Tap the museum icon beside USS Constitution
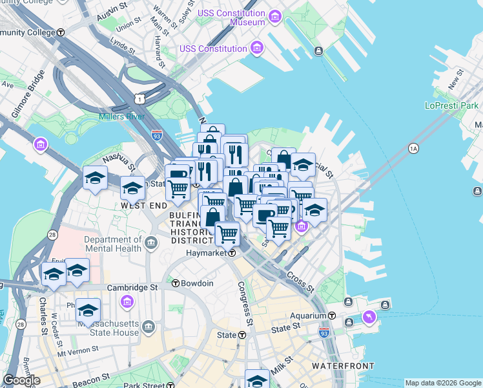click(257, 48)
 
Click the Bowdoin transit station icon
click(175, 283)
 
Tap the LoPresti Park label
click(451, 105)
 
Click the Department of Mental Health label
click(112, 244)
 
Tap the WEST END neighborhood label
click(144, 205)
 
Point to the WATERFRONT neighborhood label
click(342, 366)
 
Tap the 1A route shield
click(414, 149)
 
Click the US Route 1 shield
click(139, 98)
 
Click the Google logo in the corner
click(21, 380)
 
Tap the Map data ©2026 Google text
click(443, 383)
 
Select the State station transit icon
click(242, 335)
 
